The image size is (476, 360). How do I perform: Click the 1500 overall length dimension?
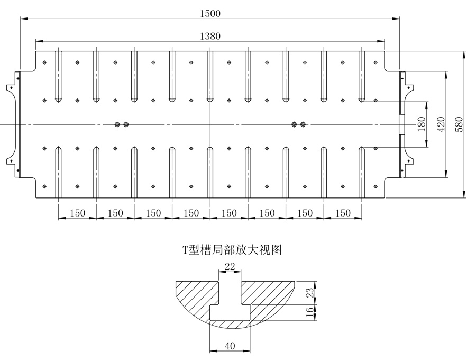pos(210,13)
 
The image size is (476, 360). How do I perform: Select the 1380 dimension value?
pos(210,36)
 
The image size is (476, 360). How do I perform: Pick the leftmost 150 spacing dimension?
pos(77,213)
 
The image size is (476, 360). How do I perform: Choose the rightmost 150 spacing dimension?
pos(343,213)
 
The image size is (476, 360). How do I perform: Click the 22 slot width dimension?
pos(230,268)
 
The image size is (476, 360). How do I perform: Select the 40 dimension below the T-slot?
pos(230,346)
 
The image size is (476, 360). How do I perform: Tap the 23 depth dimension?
pos(312,292)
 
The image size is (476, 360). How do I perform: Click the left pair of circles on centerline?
pos(121,124)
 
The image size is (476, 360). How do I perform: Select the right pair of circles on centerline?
pos(298,124)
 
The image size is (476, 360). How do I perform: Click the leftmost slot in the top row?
pos(58,76)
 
